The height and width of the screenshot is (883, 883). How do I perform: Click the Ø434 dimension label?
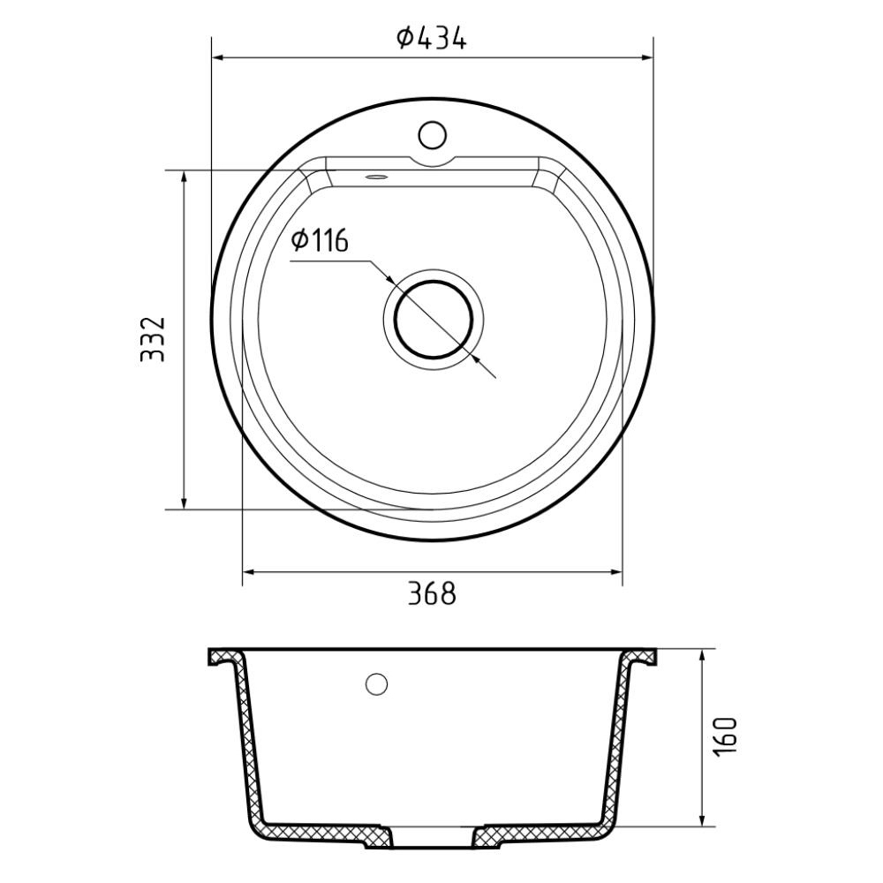pos(432,38)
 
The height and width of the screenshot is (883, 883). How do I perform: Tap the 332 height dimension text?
pos(153,339)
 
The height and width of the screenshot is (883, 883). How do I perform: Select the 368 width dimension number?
pos(432,593)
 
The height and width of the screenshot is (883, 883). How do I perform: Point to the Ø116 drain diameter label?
pos(320,240)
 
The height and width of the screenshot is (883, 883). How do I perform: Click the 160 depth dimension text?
pos(725,737)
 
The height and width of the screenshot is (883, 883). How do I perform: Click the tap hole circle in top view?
pos(433,135)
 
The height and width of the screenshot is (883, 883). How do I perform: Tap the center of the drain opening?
pos(433,320)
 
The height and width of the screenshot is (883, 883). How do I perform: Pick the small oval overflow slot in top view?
pos(376,177)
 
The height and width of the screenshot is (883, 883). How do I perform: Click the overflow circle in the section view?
pos(376,683)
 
